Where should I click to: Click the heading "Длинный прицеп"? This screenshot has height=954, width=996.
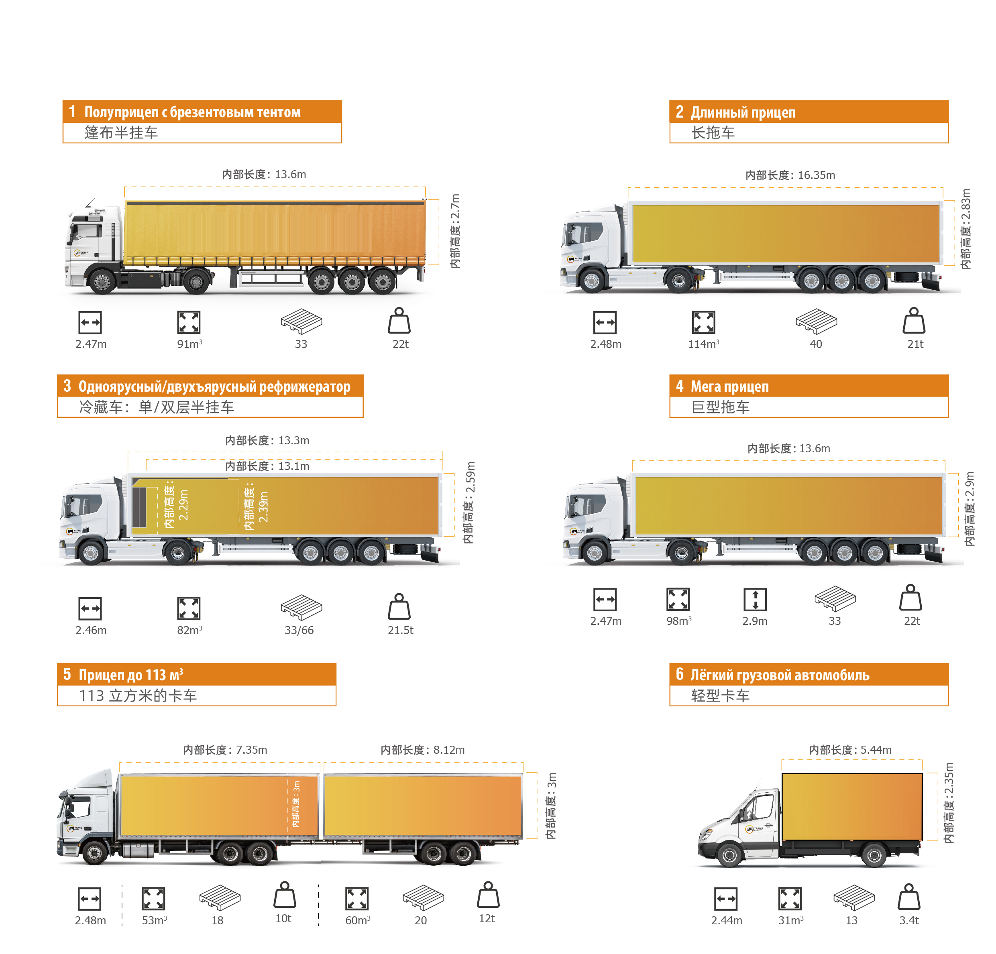743,112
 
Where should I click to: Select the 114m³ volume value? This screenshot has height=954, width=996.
704,344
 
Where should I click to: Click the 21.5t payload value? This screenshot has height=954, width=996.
400,630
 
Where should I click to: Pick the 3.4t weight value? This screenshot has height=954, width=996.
909,920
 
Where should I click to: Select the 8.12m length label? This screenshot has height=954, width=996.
422,750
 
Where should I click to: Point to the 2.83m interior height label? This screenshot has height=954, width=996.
965,229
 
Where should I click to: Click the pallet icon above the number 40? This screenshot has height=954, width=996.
816,321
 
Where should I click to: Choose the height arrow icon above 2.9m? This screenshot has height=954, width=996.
755,600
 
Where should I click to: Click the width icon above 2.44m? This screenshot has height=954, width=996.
726,898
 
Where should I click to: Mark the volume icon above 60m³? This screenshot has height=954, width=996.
357,898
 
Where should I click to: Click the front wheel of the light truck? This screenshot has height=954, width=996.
729,855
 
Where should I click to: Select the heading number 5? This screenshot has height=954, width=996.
67,674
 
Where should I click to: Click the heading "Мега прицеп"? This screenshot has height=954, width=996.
730,386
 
